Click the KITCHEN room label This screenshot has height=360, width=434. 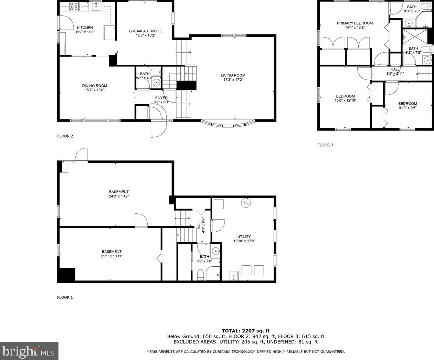click(85, 28)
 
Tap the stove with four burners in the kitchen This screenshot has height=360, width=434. click(74, 6)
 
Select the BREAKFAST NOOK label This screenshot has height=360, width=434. click(146, 31)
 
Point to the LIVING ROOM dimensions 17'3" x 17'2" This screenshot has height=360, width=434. click(233, 80)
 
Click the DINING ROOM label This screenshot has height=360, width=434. click(95, 86)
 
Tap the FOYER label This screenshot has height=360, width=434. click(161, 98)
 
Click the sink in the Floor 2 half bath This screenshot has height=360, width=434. click(156, 83)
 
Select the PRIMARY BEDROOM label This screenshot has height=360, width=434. click(354, 23)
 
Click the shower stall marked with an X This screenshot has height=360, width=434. click(415, 36)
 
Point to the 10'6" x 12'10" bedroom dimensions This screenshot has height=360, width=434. click(345, 100)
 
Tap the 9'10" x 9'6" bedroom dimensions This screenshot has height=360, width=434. click(407, 108)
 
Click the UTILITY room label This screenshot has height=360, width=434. click(244, 236)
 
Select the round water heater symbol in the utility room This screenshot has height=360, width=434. click(246, 202)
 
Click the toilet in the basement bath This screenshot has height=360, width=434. click(200, 275)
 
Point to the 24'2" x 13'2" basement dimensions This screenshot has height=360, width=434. click(119, 196)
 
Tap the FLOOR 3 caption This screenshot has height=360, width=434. click(325, 145)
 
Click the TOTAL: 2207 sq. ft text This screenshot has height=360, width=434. click(246, 331)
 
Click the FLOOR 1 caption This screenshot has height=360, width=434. click(65, 297)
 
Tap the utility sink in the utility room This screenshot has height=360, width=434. click(234, 276)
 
